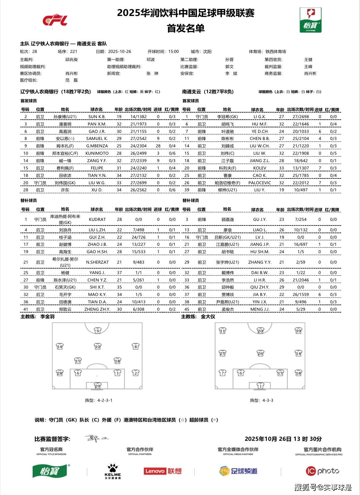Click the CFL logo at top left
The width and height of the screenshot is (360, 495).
pos(55,20)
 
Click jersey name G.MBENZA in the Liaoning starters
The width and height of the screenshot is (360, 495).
pos(97,146)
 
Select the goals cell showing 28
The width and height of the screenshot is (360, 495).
pos(158,146)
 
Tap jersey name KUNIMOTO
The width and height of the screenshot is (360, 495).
pos(97,154)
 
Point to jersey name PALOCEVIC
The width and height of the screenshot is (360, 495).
pos(260,183)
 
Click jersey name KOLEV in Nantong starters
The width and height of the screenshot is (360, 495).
pos(260,168)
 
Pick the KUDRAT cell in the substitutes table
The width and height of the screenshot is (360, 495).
pos(97,220)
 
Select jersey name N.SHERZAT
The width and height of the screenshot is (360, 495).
pos(97,262)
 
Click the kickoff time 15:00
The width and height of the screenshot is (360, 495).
pos(174,52)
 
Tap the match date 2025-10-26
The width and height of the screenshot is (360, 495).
pos(120,52)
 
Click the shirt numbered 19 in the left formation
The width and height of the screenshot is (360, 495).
pos(98,331)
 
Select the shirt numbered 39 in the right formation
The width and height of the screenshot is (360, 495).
pos(298,331)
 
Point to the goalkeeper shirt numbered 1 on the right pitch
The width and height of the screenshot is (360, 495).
pos(261,386)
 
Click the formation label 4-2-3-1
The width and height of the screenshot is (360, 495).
pos(105,401)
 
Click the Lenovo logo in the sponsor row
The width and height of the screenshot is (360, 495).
pos(162,471)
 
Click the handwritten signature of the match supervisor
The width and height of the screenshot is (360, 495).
pos(96,438)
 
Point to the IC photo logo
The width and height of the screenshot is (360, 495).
pos(322,471)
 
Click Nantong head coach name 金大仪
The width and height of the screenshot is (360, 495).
pos(208,317)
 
